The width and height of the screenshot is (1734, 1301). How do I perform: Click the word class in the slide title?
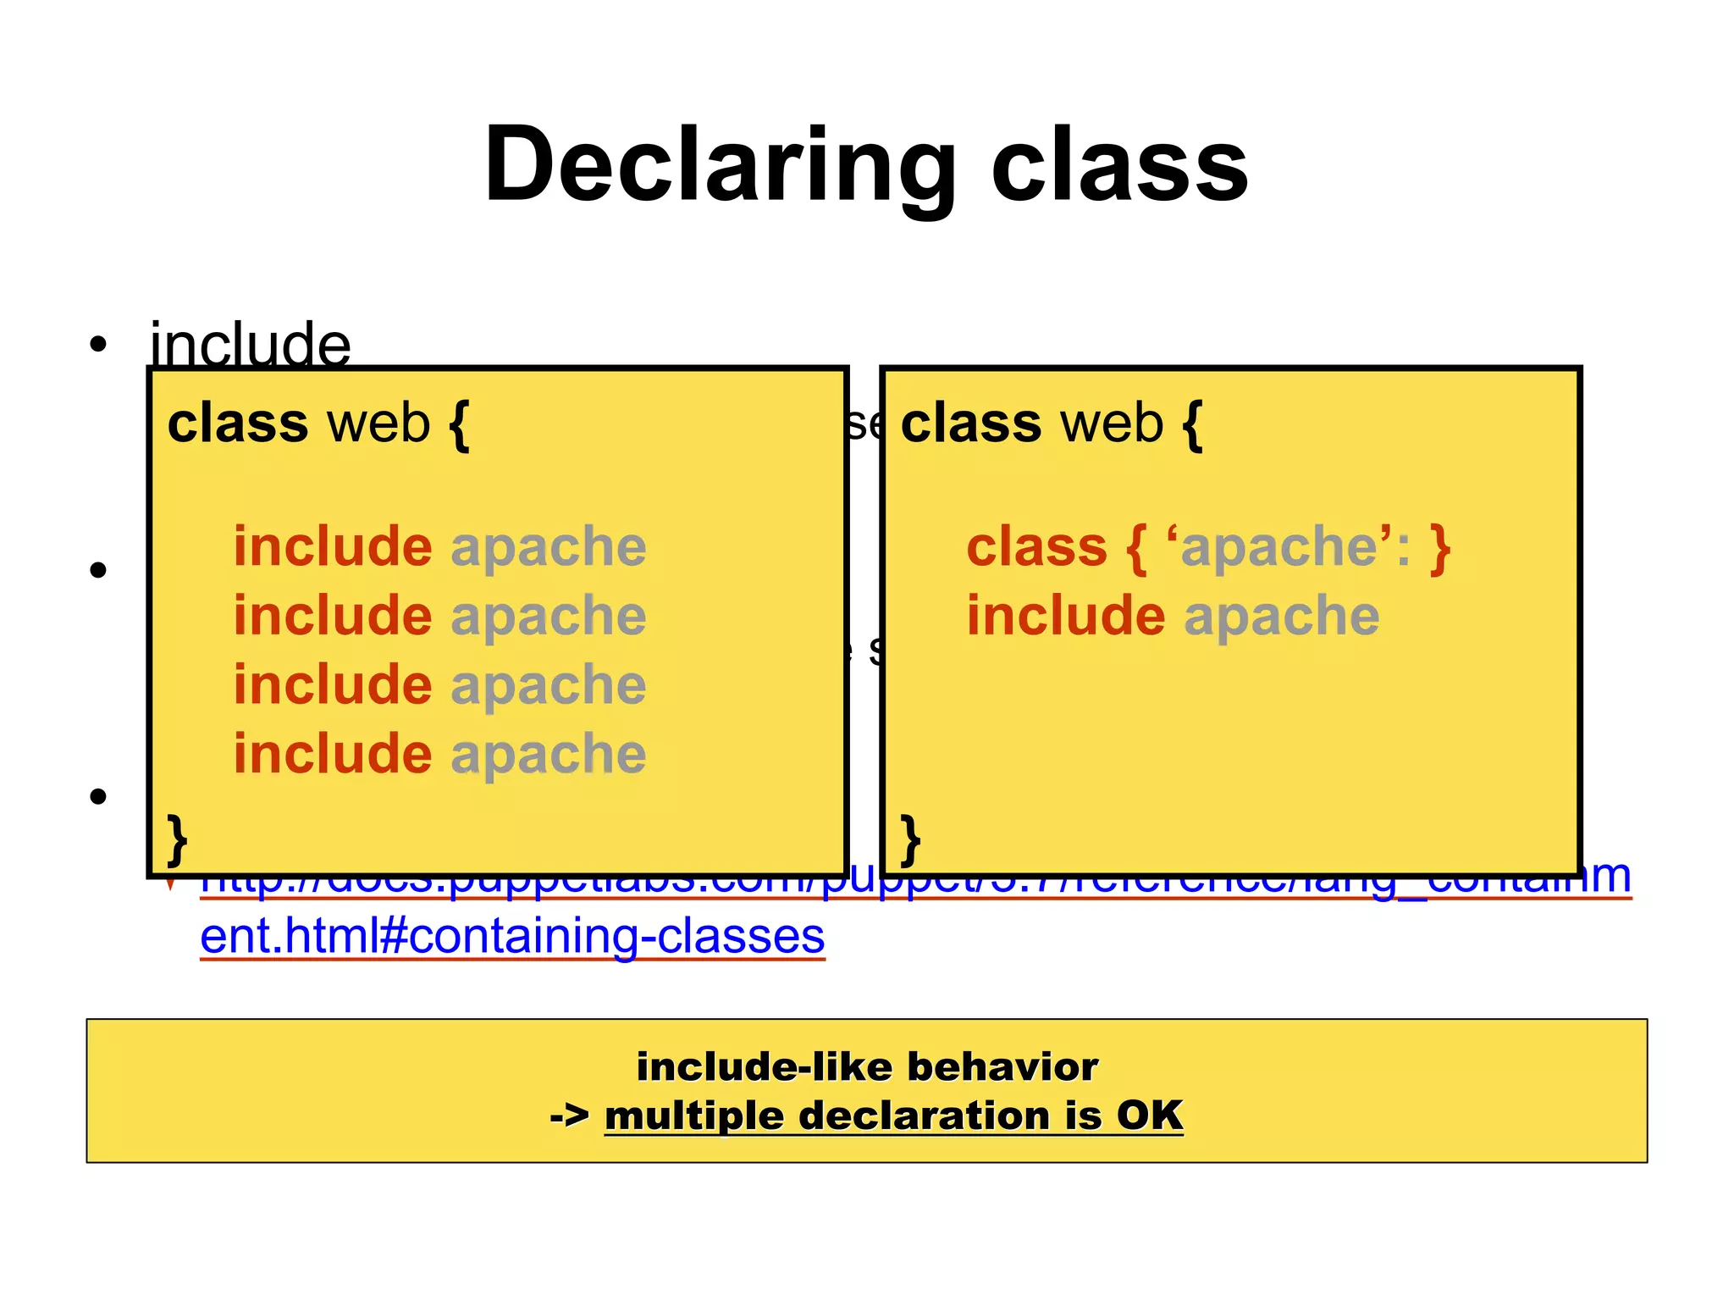coord(1119,165)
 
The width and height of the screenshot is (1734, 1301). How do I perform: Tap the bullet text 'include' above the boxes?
coord(251,345)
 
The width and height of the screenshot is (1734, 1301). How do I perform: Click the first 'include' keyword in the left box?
coord(333,546)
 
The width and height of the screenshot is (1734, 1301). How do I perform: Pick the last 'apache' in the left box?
coord(549,754)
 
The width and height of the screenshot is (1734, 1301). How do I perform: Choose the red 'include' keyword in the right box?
coord(1066,616)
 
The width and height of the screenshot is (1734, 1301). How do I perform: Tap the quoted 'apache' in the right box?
coord(1279,546)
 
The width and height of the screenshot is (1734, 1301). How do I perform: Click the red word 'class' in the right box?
coord(1037,546)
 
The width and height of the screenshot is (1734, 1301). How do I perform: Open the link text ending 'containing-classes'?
coord(512,936)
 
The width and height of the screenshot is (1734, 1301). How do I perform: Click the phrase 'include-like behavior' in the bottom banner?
coord(867,1066)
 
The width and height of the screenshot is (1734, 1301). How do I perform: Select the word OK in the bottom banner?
coord(1149,1116)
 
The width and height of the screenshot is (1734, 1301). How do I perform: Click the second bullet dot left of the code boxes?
coord(98,570)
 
